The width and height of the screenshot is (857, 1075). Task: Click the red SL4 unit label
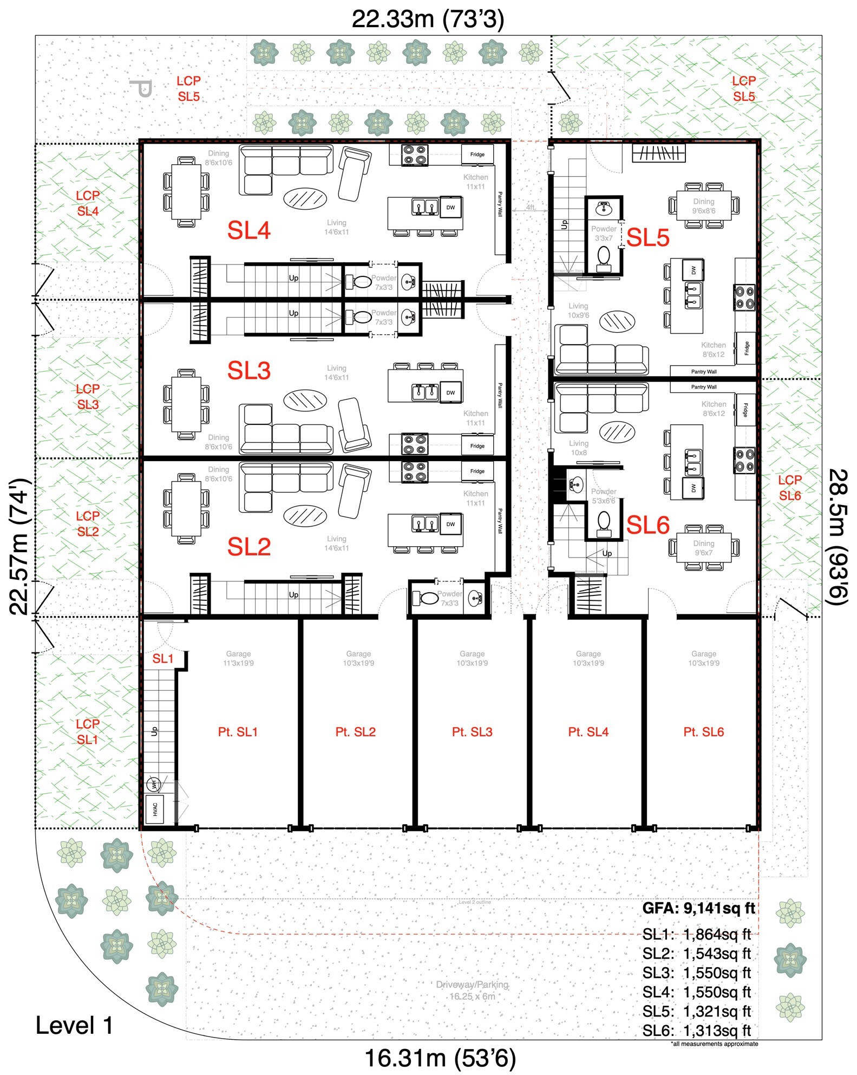(248, 231)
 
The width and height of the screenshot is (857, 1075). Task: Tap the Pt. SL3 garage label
(472, 732)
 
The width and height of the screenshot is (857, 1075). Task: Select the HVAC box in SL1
(155, 809)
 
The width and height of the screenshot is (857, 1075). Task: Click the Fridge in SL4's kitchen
(477, 154)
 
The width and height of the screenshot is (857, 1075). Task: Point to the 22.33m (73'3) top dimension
(428, 20)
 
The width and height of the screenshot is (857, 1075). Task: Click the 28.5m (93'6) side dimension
(838, 536)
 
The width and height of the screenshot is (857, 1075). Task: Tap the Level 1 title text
(74, 1026)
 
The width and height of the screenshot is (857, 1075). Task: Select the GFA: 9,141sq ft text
(698, 908)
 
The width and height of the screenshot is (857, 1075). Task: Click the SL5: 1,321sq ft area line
(697, 1011)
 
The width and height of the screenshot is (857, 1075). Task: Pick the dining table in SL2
(186, 509)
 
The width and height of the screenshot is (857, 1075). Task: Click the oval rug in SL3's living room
(305, 400)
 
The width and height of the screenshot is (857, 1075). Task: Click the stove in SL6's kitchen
(744, 459)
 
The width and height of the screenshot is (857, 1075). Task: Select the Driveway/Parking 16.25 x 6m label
(472, 990)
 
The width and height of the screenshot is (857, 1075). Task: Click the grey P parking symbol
(141, 88)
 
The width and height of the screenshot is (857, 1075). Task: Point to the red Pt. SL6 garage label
(703, 732)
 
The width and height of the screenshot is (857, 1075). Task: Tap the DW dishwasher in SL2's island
(450, 524)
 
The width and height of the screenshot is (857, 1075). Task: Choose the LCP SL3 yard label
(88, 397)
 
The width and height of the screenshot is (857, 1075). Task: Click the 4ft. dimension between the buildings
(531, 208)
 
